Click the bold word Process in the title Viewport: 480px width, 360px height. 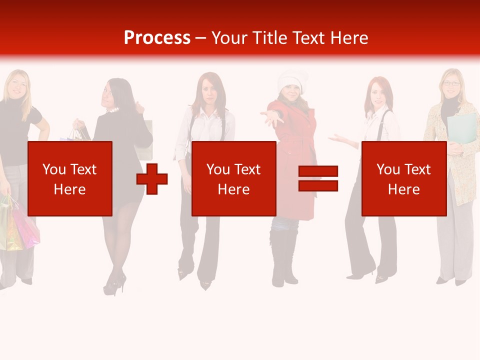(x=157, y=37)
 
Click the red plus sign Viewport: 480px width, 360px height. (x=152, y=178)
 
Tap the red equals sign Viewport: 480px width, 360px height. (x=318, y=178)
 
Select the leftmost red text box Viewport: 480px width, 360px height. (x=70, y=178)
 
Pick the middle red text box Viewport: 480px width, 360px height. (x=233, y=178)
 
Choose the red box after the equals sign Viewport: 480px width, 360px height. (x=403, y=178)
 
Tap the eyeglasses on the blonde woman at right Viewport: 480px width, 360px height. (x=451, y=83)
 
